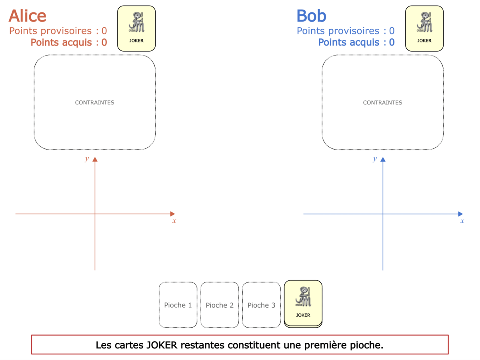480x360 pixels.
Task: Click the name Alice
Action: (x=27, y=16)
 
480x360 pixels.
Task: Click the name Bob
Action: (x=311, y=16)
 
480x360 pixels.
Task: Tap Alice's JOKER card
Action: (x=136, y=28)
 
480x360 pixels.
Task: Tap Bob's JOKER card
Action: (x=424, y=28)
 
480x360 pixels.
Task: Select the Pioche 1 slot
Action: (x=178, y=305)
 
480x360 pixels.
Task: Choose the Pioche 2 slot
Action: (x=220, y=305)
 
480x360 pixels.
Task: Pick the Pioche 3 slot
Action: (x=261, y=305)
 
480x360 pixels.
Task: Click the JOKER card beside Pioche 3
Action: (x=303, y=304)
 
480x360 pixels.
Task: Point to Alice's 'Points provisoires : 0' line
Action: (x=58, y=31)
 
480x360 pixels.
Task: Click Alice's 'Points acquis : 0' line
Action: (x=69, y=42)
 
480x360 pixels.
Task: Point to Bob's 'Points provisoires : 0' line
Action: (x=346, y=31)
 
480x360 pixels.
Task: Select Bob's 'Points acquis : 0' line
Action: (x=356, y=42)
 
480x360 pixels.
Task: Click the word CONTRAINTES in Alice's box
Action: (x=94, y=103)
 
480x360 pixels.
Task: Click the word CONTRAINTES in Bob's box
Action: (x=382, y=103)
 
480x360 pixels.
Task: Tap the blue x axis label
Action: (x=462, y=221)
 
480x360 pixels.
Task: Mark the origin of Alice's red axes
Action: (x=95, y=214)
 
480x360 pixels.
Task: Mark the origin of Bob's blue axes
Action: (x=383, y=214)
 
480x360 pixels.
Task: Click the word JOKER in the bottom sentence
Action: (x=162, y=345)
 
